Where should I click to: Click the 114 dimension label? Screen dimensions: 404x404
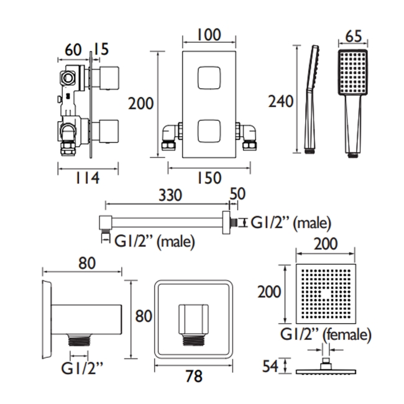[x=87, y=178]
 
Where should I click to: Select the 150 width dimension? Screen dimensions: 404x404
[x=209, y=178]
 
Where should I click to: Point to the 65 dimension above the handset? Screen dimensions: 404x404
[x=354, y=36]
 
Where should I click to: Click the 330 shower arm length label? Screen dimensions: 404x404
[x=170, y=195]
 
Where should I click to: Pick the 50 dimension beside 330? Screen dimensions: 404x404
[x=237, y=194]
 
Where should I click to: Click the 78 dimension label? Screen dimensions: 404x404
[x=194, y=376]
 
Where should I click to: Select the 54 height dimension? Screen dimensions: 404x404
[x=270, y=366]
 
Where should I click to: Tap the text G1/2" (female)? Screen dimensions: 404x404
[x=326, y=335]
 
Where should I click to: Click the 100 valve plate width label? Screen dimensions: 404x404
[x=209, y=35]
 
